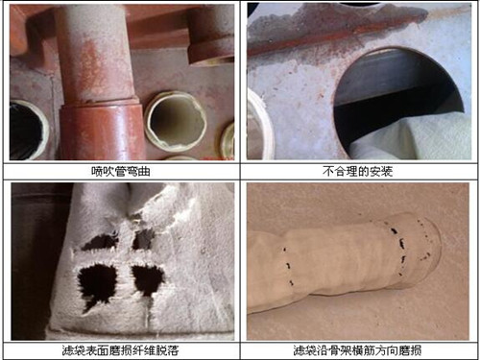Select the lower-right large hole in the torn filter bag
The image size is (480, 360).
tap(148, 279)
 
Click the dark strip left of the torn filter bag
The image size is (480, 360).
tap(38, 259)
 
